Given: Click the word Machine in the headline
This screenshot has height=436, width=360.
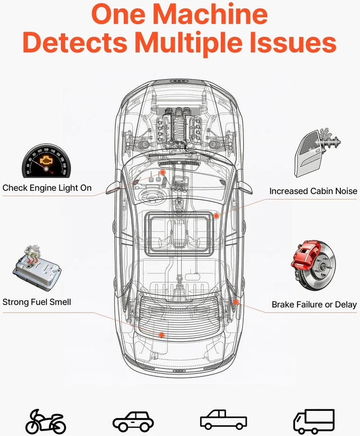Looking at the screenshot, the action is (x=210, y=14).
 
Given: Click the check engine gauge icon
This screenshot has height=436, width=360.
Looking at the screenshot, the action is (x=46, y=161).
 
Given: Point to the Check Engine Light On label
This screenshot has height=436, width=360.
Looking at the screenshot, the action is (x=47, y=188).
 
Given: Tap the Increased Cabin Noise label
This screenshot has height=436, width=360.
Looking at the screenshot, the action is (x=313, y=192).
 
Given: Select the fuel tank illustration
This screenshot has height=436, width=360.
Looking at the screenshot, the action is (x=37, y=268).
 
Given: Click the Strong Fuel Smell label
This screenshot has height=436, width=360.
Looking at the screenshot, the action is (x=37, y=302).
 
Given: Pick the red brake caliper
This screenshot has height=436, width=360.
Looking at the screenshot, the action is (x=305, y=256).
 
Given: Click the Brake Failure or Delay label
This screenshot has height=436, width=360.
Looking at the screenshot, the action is (x=314, y=305).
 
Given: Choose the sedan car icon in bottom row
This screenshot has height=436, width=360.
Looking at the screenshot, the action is (x=133, y=421).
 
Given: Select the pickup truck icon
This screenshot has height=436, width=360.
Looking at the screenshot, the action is (x=224, y=419).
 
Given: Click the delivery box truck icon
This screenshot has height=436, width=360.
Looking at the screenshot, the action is (x=314, y=421).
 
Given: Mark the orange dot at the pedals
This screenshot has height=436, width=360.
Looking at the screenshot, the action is (x=163, y=172).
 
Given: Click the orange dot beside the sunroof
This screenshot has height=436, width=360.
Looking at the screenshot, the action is (x=216, y=216).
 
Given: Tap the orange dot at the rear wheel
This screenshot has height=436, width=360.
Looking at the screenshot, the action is (x=236, y=302).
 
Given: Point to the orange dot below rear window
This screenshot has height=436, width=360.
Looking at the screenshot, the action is (x=162, y=335).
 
